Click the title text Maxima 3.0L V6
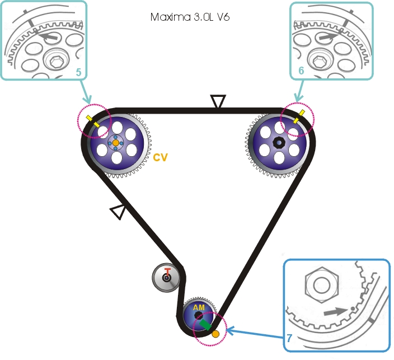[190, 17]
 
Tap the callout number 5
[79, 72]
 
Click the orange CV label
[161, 158]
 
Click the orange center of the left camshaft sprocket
[116, 143]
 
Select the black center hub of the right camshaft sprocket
[278, 143]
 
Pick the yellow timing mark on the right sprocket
[299, 116]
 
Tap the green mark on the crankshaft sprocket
[205, 324]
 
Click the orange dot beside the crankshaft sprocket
[215, 334]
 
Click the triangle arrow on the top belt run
[218, 102]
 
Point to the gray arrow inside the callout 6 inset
[327, 36]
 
